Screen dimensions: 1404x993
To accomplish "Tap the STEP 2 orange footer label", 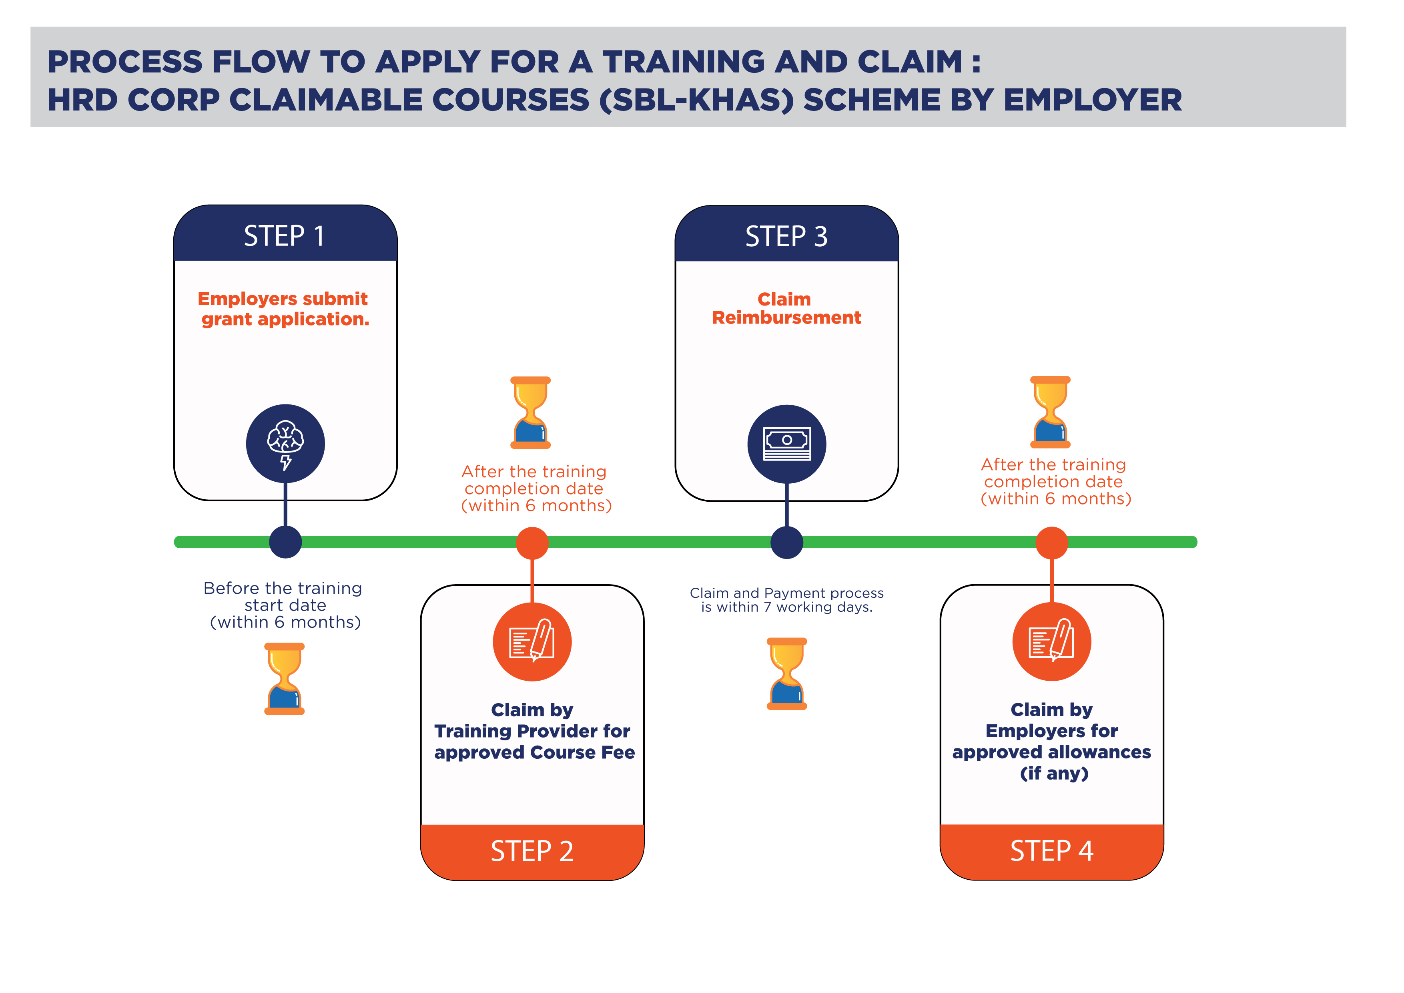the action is (532, 851).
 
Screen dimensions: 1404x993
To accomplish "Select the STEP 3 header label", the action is (786, 237).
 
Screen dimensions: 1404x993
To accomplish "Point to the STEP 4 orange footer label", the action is (1052, 850).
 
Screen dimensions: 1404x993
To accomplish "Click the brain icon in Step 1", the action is (286, 444).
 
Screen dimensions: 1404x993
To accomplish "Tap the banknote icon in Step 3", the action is (787, 444).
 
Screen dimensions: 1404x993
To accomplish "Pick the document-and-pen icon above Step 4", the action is (1052, 641).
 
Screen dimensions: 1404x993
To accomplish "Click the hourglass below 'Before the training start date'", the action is (284, 679).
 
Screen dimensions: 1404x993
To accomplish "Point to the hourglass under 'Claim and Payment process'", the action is (787, 673).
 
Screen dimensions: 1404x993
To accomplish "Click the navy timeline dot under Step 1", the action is (286, 542).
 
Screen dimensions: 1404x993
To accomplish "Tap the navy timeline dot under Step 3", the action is (787, 542).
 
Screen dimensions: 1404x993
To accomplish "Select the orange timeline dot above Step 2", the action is (532, 543).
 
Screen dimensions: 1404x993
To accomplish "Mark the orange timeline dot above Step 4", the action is (1052, 543).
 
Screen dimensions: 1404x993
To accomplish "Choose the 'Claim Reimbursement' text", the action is (786, 308).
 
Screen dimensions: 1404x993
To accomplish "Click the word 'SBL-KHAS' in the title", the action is (696, 101).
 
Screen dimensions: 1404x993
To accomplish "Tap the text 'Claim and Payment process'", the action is (787, 593).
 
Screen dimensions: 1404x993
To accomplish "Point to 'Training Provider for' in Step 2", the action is (532, 731).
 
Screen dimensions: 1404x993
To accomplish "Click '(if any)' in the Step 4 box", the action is (1054, 773).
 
